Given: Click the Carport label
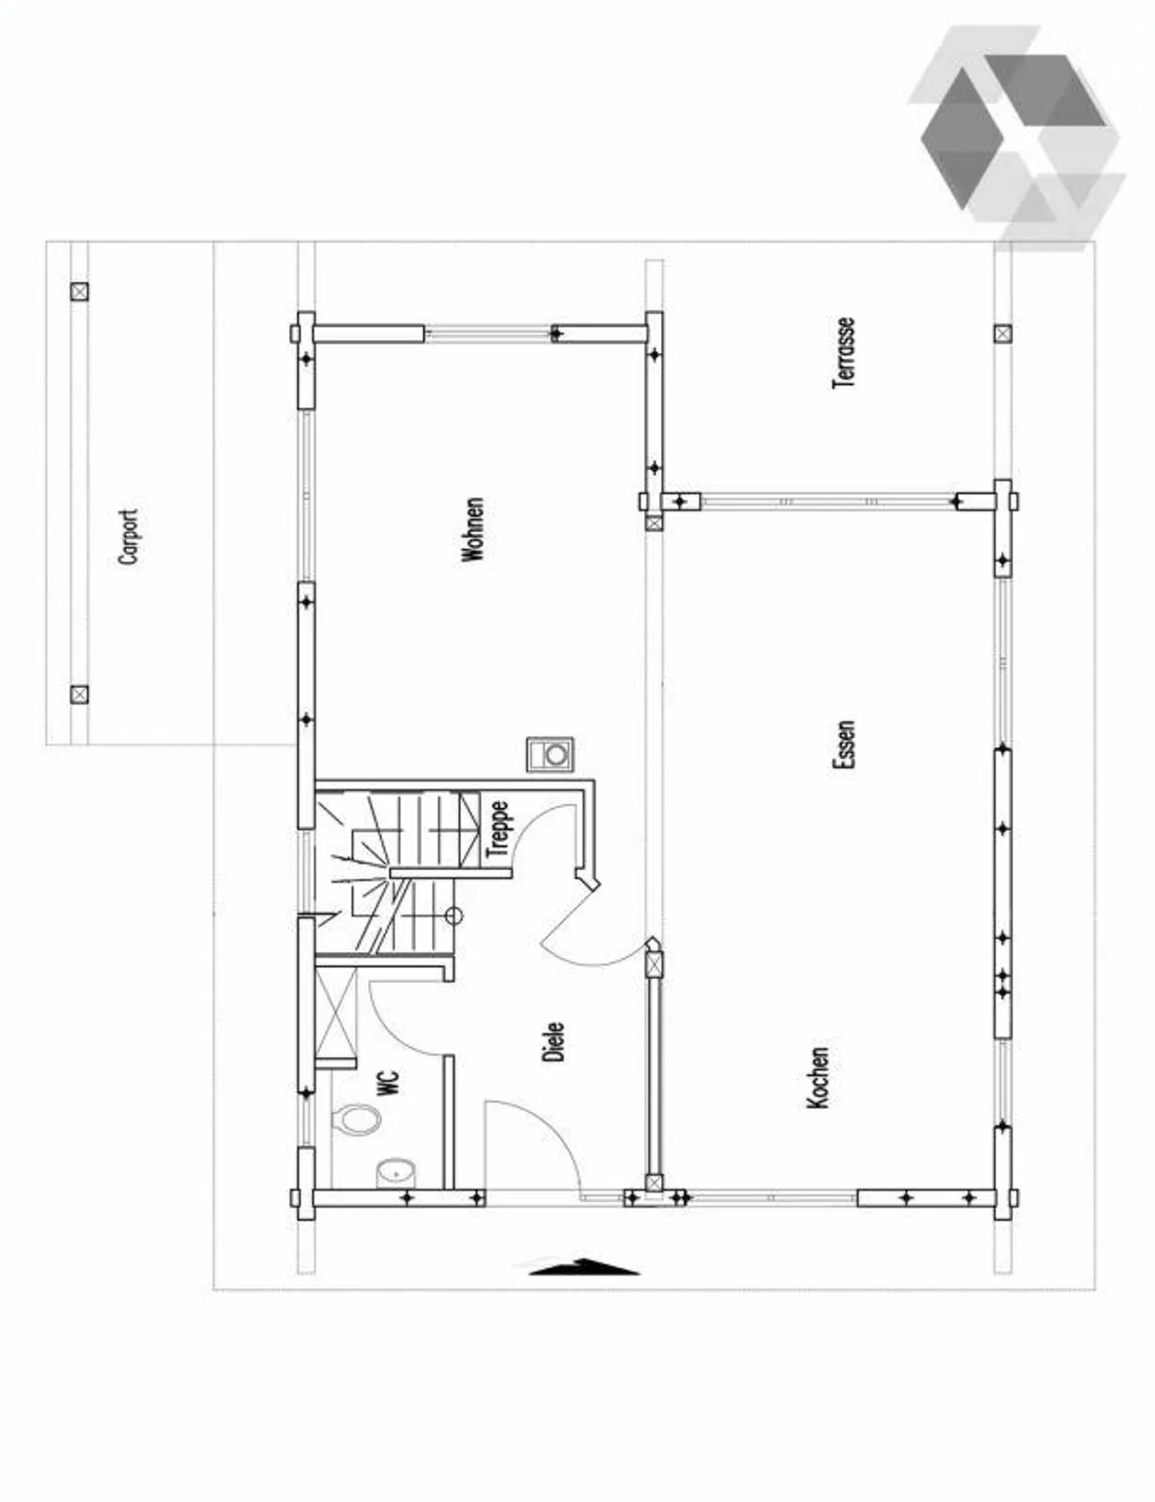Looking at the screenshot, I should point(128,536).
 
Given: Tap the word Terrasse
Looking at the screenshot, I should point(844,354).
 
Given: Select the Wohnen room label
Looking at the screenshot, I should point(473,529).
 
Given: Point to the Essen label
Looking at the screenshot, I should point(844,745).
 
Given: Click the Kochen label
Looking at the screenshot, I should point(817,1077).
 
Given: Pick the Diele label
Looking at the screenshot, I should point(553,1042).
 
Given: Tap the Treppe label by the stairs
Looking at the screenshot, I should point(498,828).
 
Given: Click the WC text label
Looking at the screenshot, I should point(387,1083).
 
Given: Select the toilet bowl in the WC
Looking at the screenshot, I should point(358,1119).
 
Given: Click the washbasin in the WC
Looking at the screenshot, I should point(396,1172).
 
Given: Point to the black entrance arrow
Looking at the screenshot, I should point(584,1267).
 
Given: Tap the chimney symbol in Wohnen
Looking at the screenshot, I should point(550,755).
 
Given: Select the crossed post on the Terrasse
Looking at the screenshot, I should point(1003,334).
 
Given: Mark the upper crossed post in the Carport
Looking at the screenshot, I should point(79,292).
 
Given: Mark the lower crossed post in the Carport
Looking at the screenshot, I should point(79,694).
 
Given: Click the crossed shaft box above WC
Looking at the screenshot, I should point(335,1014).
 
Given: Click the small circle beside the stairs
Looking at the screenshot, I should point(454,915).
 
